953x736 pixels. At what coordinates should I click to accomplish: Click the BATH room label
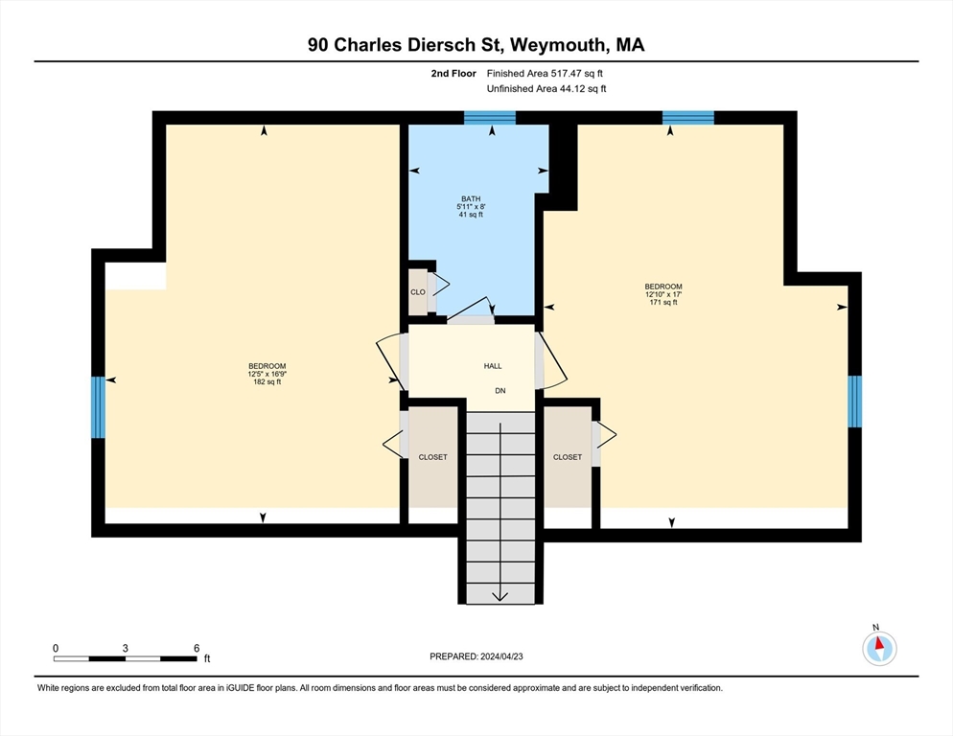click(x=471, y=198)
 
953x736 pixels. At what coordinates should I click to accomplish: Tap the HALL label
click(x=493, y=366)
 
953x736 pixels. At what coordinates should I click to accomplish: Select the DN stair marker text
click(x=500, y=391)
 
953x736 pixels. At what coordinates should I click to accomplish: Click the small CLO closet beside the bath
click(x=418, y=292)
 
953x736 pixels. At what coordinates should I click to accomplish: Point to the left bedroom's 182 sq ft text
click(x=267, y=382)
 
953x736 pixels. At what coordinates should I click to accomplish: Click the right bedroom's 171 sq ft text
click(x=663, y=302)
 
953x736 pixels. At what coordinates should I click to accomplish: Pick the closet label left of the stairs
click(x=432, y=457)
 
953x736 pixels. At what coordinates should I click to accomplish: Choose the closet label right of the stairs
click(x=567, y=457)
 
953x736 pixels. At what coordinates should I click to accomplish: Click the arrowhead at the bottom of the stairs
click(x=500, y=597)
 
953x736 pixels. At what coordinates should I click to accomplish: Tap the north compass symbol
click(x=879, y=648)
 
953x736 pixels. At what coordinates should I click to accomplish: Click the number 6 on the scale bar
click(x=197, y=649)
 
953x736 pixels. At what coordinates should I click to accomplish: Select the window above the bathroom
click(x=490, y=118)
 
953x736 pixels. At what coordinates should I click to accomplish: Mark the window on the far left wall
click(x=98, y=407)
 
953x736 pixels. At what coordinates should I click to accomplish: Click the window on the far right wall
click(x=854, y=402)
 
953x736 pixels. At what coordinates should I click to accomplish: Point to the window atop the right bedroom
click(x=688, y=118)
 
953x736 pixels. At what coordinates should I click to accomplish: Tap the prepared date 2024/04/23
click(x=501, y=656)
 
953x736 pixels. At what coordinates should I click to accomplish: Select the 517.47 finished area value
click(x=566, y=74)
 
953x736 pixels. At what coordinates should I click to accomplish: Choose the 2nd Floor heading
click(x=453, y=74)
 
